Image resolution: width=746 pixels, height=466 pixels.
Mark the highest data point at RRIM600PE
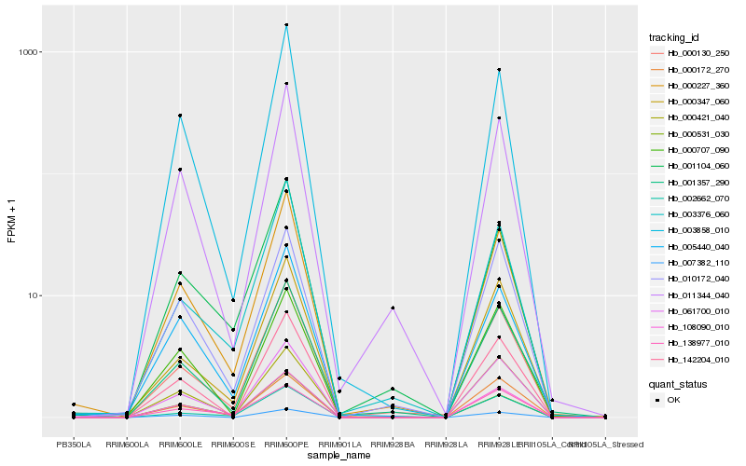(286, 25)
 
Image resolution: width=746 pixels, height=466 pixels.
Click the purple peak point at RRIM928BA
(393, 308)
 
